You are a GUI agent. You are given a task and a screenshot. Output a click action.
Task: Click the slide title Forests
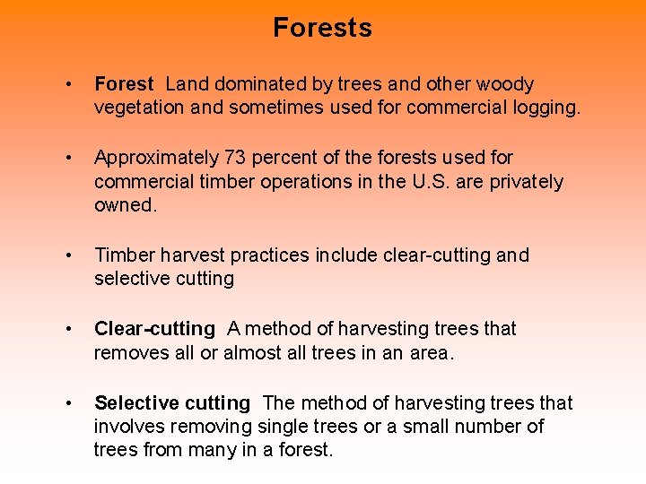click(x=322, y=28)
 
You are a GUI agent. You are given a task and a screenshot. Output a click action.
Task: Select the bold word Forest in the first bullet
click(x=124, y=85)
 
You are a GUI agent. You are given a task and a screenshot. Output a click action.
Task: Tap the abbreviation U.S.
click(x=432, y=182)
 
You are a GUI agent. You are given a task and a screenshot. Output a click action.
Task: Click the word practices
click(x=272, y=255)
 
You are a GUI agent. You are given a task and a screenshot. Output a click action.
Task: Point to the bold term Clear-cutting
click(x=154, y=329)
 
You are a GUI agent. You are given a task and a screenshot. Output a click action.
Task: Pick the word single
click(x=281, y=427)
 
